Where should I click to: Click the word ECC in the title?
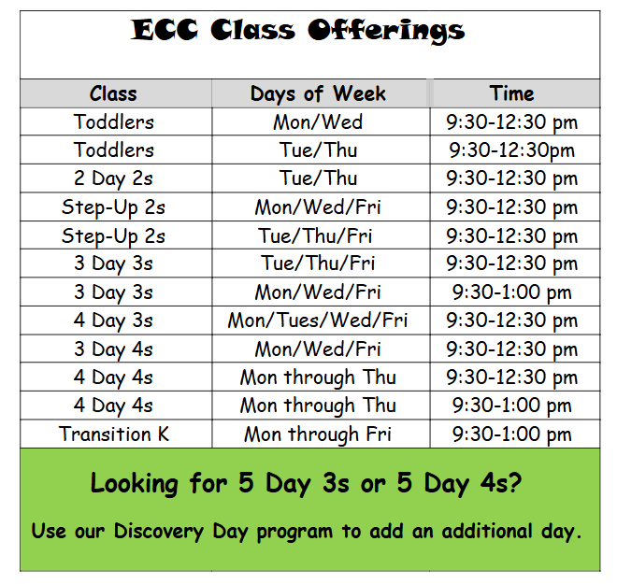(x=165, y=30)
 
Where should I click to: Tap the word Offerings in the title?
(x=386, y=32)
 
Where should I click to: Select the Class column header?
(x=113, y=93)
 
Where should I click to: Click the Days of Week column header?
(x=318, y=94)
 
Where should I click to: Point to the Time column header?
(x=511, y=93)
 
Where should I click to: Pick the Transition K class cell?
(x=114, y=434)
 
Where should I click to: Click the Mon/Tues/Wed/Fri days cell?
(x=318, y=320)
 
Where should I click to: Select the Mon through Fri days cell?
(x=318, y=434)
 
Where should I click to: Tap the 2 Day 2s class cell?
(x=113, y=178)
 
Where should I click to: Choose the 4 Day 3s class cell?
(x=113, y=320)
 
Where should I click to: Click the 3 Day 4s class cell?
(x=113, y=349)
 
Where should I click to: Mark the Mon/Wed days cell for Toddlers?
(x=318, y=121)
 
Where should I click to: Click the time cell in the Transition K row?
(x=511, y=434)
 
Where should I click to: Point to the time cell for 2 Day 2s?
(x=511, y=178)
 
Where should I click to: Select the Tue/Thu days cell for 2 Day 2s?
(x=318, y=178)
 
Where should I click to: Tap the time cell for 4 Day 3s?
(x=511, y=320)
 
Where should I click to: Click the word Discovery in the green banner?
(x=159, y=532)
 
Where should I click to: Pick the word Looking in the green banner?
(x=135, y=483)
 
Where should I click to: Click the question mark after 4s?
(x=515, y=482)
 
